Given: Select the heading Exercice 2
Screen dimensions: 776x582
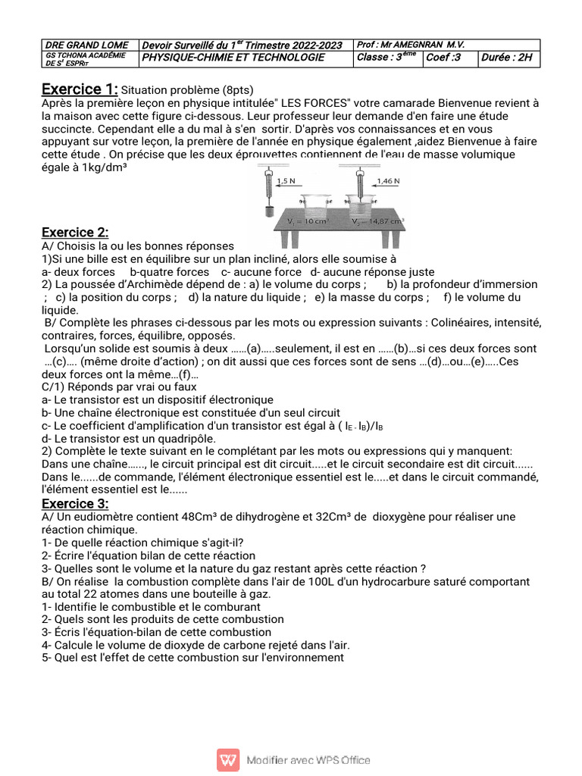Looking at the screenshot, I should point(75,232).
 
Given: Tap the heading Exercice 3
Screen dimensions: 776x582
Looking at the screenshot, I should point(75,504).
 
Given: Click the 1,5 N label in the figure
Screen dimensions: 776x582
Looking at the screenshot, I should point(286,181).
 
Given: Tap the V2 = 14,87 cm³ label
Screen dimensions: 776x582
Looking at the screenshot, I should point(377,222).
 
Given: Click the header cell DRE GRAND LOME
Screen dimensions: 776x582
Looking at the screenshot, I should point(87,45).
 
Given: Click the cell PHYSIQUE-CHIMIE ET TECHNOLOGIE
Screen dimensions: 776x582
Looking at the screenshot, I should point(234,58).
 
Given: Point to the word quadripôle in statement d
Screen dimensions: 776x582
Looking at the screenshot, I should point(185,438).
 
